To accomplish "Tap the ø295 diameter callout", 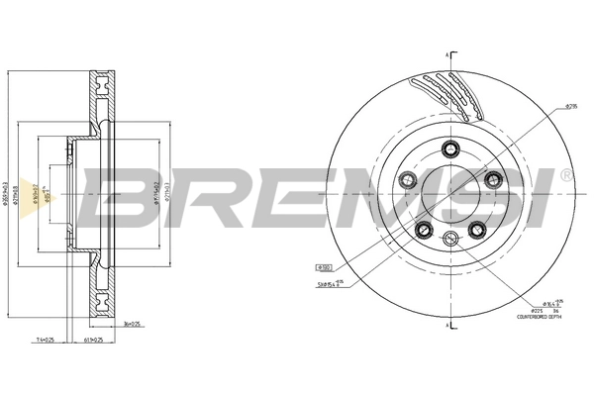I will [x=571, y=106].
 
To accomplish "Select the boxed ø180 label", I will [x=324, y=267].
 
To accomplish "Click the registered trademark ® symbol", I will [x=565, y=174].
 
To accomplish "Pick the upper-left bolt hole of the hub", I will [x=405, y=179].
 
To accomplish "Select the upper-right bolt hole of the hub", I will [x=492, y=178].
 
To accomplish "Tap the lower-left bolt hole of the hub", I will [x=423, y=231].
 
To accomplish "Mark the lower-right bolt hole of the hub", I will [x=476, y=231].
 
